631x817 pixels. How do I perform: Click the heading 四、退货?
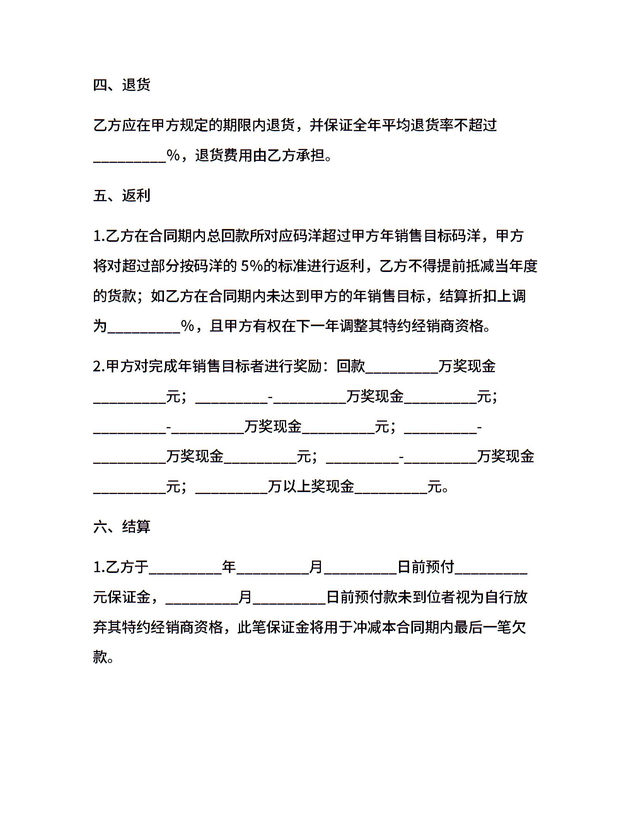121,85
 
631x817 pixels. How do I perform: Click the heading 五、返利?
121,195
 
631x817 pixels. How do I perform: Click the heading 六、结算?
121,526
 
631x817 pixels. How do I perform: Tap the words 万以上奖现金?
311,487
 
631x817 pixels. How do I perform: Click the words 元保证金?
121,597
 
